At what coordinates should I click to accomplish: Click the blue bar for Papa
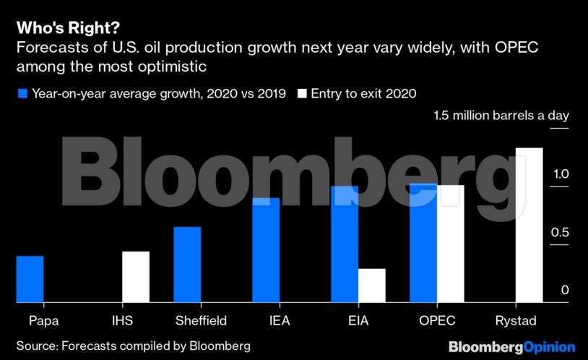[x=30, y=279]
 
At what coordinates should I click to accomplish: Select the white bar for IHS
[x=136, y=277]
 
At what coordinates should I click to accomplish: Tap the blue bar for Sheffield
[x=188, y=265]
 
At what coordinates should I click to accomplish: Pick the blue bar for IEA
[x=266, y=250]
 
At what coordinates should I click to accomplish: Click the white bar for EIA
[x=372, y=286]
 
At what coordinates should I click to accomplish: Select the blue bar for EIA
[x=345, y=244]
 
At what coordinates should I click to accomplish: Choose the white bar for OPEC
[x=451, y=244]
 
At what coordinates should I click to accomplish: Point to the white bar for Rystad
[x=529, y=225]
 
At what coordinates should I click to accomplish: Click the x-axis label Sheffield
[x=201, y=320]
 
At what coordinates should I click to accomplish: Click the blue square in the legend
[x=22, y=93]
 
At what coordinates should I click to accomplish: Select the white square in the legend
[x=302, y=93]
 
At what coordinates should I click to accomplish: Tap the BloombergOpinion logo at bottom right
[x=511, y=347]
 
